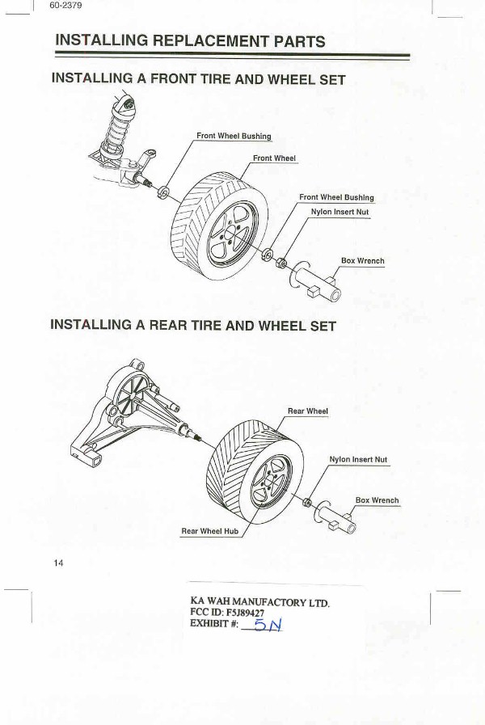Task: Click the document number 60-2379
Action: click(x=65, y=7)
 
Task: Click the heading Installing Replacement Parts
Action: click(x=190, y=41)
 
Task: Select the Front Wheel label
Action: click(x=274, y=158)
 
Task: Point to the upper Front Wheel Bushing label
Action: click(x=234, y=136)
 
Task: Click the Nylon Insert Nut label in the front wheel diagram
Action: click(x=339, y=212)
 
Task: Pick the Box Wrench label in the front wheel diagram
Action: click(x=362, y=261)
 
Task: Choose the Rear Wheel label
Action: click(x=308, y=411)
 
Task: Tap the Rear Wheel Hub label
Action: click(x=209, y=531)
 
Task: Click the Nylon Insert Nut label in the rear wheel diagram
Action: click(x=358, y=459)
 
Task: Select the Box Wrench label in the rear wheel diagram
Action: click(x=377, y=500)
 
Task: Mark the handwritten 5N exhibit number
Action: click(x=266, y=626)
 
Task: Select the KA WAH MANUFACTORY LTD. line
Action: click(x=259, y=601)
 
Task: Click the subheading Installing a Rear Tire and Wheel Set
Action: click(x=193, y=326)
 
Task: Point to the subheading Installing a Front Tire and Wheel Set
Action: click(x=198, y=79)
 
